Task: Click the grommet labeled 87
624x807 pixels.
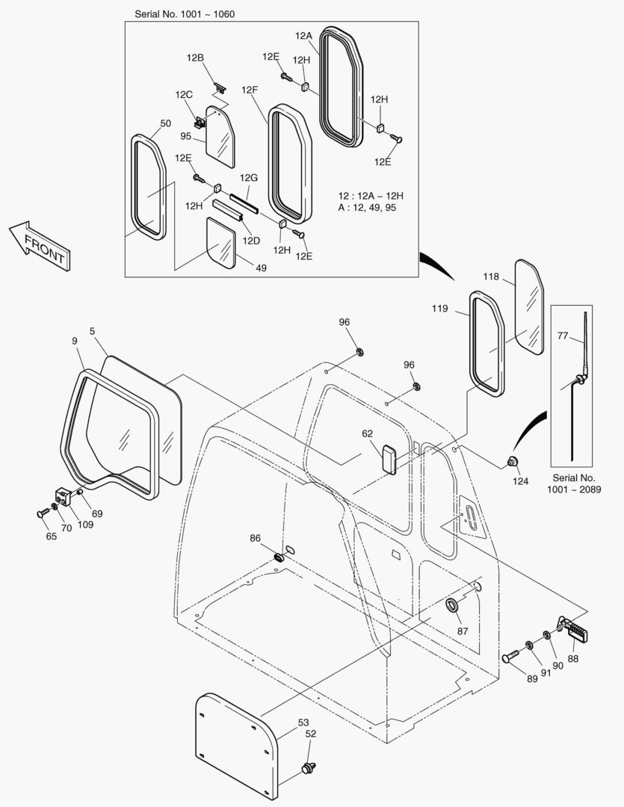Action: (x=453, y=604)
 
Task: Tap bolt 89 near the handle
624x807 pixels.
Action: (x=510, y=655)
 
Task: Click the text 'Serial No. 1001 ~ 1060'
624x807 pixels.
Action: (x=185, y=14)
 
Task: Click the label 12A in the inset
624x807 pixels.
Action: (x=303, y=35)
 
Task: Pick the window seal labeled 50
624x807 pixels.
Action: (x=149, y=187)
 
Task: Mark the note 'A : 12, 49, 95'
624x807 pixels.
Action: (x=367, y=208)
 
